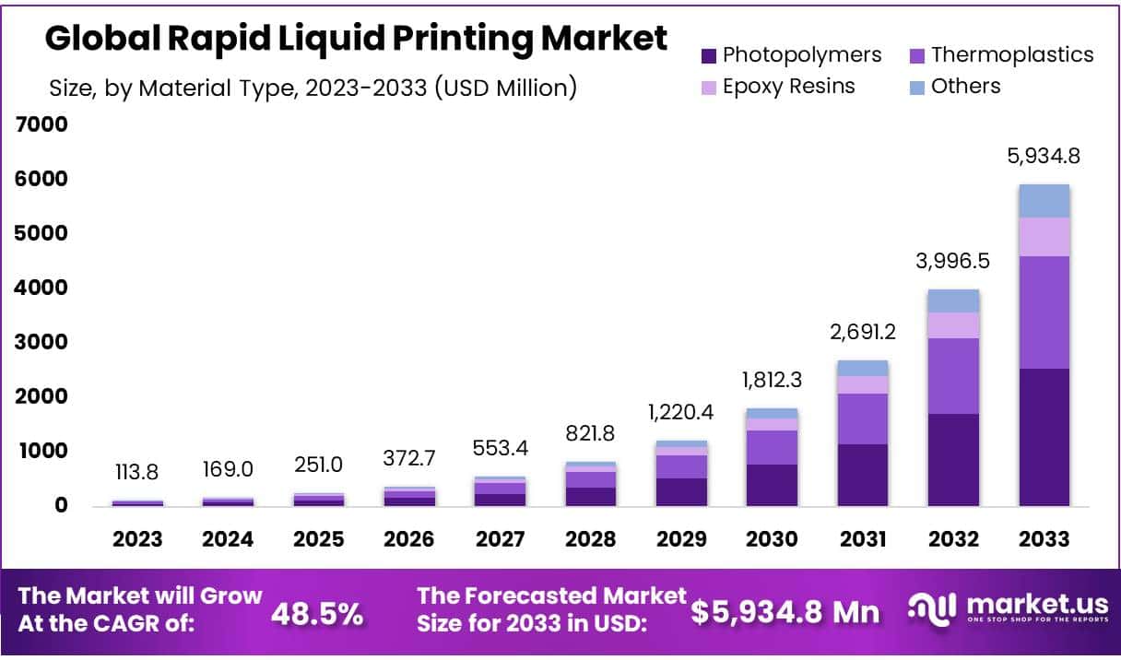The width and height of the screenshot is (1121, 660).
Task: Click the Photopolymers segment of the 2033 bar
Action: [1044, 437]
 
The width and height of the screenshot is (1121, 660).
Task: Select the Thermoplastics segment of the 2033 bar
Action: [1044, 312]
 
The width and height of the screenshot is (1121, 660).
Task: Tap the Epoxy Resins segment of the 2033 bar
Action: [1044, 237]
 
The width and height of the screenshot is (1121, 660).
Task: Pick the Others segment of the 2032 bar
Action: [953, 301]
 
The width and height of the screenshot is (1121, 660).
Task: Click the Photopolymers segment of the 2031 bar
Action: [863, 475]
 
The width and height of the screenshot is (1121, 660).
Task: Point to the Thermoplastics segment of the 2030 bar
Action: [773, 447]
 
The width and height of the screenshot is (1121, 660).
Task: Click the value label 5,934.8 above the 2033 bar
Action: [1044, 156]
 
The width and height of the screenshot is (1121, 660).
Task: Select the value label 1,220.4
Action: [682, 412]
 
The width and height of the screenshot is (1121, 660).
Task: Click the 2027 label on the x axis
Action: [500, 539]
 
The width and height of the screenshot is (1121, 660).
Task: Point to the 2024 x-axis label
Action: [228, 539]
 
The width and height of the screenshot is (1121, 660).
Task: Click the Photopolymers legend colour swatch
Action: [708, 55]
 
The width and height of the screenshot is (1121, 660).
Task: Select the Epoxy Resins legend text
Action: [788, 87]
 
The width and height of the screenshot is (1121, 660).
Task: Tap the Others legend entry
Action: [965, 87]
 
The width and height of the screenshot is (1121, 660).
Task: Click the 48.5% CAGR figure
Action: [316, 614]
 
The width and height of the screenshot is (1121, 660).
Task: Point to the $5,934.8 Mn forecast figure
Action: [785, 612]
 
